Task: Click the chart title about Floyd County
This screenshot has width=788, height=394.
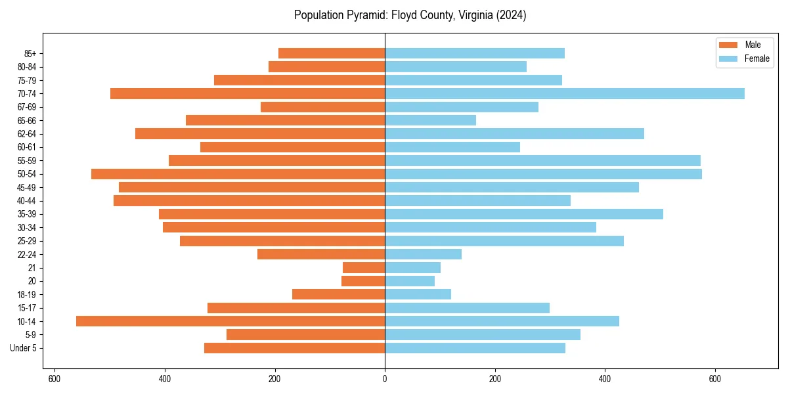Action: coord(410,15)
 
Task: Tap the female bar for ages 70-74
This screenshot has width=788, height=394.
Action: coord(565,93)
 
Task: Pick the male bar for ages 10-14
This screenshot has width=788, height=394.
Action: coord(230,321)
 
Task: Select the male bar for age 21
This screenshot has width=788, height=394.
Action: coord(364,267)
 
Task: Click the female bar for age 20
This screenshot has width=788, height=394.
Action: coord(410,281)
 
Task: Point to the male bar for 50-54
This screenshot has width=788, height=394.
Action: coord(238,174)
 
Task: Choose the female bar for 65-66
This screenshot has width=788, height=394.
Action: coord(430,120)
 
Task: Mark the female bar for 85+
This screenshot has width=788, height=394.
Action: coord(475,53)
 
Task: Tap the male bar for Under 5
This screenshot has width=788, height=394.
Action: coord(294,348)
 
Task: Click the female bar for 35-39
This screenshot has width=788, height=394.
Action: coord(524,214)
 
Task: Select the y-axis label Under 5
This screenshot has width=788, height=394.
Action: coord(24,348)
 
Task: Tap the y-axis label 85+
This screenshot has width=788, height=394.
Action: coord(30,53)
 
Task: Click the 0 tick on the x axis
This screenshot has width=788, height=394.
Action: coord(385,378)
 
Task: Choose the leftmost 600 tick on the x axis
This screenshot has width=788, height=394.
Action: coord(55,378)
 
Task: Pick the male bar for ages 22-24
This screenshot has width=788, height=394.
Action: coord(321,254)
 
